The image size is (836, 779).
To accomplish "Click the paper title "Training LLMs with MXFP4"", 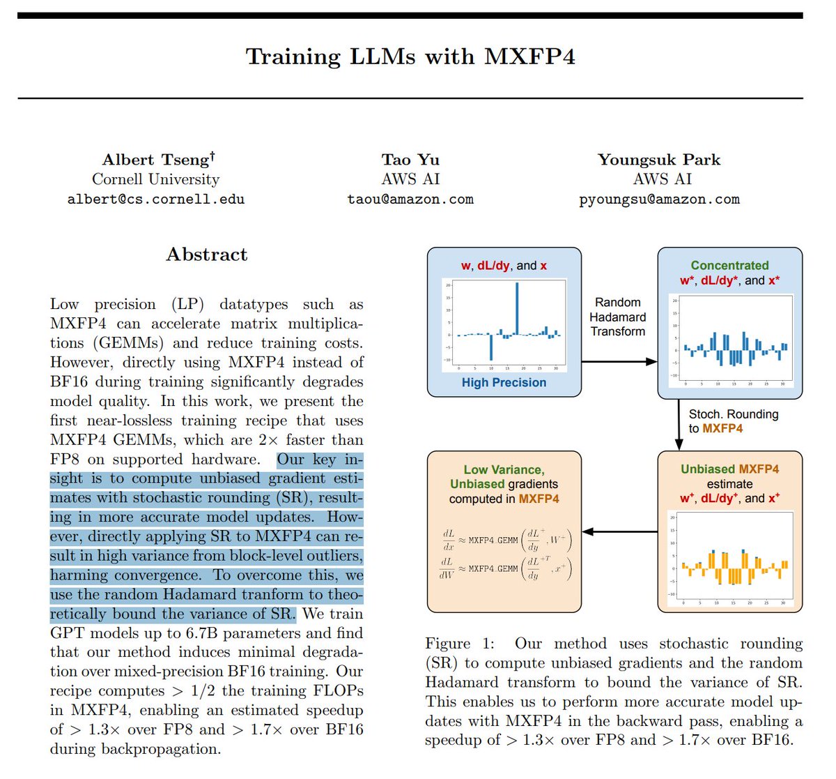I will tap(410, 56).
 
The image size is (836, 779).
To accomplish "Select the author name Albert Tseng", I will tap(158, 160).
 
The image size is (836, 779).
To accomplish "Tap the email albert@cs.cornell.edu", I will tap(156, 199).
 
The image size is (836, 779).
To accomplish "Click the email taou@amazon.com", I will tap(410, 199).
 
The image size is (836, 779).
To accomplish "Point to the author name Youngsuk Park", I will tap(659, 160).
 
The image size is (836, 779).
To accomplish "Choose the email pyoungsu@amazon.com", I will tap(659, 199).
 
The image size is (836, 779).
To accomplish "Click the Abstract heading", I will tap(206, 255).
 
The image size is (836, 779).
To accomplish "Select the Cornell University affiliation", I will tap(155, 179).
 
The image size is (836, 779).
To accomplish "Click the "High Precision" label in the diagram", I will tap(504, 382).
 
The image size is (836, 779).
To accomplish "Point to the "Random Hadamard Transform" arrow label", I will tap(618, 317).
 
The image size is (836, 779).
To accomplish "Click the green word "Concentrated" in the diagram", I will tap(729, 266).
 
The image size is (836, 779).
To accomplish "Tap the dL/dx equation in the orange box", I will tap(507, 540).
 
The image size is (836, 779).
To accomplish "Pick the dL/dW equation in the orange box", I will tap(507, 568).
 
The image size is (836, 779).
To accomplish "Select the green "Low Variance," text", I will tap(504, 470).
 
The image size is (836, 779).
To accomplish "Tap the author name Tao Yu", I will tap(410, 160).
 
